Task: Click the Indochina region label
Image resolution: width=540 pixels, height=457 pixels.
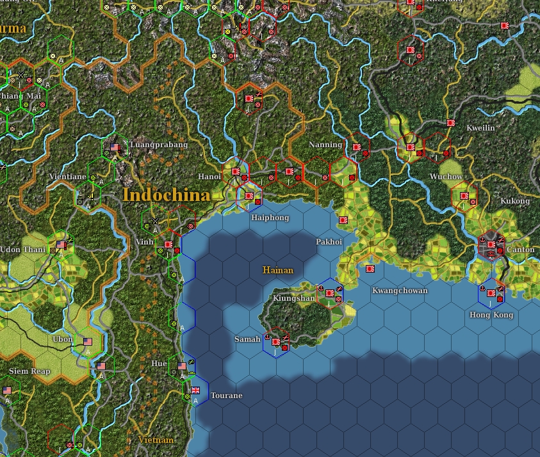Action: [166, 195]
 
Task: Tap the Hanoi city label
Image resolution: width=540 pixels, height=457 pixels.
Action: [209, 177]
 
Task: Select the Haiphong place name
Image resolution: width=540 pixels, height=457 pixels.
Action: [270, 218]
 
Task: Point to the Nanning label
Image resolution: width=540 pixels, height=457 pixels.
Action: [325, 145]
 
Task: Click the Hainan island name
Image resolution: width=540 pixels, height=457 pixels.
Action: [278, 270]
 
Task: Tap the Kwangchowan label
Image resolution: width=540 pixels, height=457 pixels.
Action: [400, 291]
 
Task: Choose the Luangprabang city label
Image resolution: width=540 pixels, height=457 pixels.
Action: [159, 145]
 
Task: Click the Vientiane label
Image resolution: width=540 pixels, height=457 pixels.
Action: [67, 177]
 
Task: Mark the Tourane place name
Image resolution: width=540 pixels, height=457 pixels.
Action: [226, 396]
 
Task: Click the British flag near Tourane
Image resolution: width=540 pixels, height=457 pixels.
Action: [196, 390]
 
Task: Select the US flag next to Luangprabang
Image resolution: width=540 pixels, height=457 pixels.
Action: [115, 147]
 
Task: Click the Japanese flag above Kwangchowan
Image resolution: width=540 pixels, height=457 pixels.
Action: [370, 269]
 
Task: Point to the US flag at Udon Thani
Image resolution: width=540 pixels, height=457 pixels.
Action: [61, 245]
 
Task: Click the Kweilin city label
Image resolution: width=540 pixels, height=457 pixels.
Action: [480, 128]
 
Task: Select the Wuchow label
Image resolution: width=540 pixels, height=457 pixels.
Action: [446, 177]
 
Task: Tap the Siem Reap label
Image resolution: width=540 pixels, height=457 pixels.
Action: [29, 371]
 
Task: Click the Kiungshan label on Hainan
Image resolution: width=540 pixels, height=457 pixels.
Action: [294, 298]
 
